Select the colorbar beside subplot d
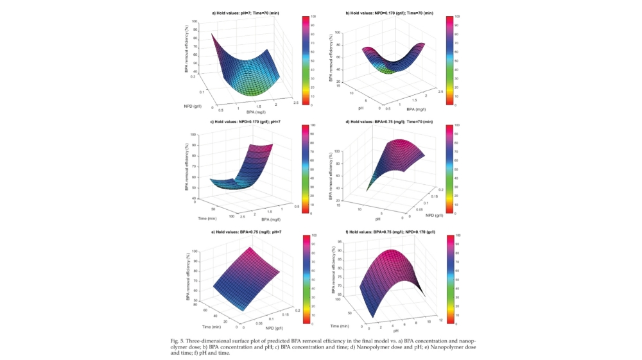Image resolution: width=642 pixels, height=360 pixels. point(449,169)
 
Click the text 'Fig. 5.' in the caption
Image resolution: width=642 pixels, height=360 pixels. point(180,339)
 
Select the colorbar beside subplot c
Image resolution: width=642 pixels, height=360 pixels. point(306,169)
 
